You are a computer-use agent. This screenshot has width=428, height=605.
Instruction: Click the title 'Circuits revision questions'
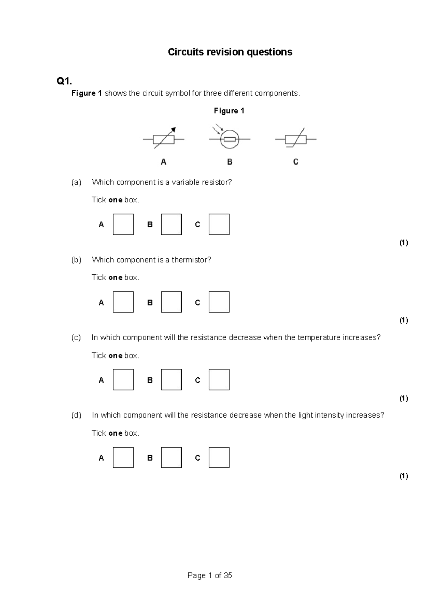click(230, 52)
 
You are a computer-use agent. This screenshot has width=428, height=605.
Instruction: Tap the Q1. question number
click(64, 81)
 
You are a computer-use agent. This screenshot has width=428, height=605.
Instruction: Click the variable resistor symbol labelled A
click(164, 139)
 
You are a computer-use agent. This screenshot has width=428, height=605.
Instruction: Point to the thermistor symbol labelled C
click(296, 139)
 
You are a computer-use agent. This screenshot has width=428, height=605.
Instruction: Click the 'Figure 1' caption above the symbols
click(229, 111)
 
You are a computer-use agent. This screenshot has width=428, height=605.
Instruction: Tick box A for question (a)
click(123, 224)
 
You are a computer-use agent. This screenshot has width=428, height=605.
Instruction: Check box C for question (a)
click(219, 224)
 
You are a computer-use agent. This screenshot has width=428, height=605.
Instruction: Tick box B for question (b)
click(171, 302)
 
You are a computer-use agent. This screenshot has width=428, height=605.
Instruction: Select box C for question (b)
click(219, 302)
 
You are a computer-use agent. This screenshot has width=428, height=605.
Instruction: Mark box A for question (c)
click(123, 380)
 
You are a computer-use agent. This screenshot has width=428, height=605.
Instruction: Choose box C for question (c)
click(219, 380)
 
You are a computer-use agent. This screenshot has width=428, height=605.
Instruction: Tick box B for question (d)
click(171, 457)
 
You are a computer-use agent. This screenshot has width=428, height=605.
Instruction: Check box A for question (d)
click(123, 457)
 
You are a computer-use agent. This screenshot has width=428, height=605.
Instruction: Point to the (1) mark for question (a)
click(403, 243)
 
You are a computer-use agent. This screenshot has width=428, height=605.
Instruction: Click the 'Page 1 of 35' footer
click(210, 575)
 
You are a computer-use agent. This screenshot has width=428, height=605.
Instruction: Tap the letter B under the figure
click(230, 162)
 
